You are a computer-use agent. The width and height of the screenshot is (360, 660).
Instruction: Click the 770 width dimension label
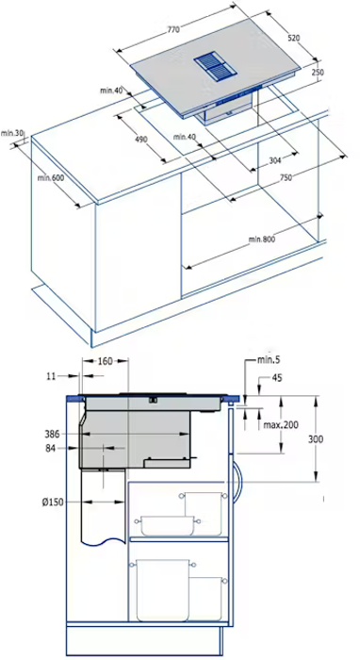pyautogui.click(x=173, y=29)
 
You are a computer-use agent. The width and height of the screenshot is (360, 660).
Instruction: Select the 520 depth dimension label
pyautogui.click(x=293, y=38)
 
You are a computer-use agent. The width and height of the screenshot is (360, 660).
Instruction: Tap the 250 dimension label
pyautogui.click(x=318, y=73)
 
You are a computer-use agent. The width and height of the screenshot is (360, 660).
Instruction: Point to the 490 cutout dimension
pyautogui.click(x=141, y=139)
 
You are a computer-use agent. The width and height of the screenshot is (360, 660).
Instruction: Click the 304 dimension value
pyautogui.click(x=274, y=160)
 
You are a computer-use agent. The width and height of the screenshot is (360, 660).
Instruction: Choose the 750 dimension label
pyautogui.click(x=286, y=178)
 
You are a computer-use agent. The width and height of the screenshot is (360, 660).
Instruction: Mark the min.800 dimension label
pyautogui.click(x=262, y=239)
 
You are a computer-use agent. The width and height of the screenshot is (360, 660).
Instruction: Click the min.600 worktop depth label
pyautogui.click(x=51, y=178)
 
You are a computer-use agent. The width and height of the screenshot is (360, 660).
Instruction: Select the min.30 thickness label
pyautogui.click(x=11, y=133)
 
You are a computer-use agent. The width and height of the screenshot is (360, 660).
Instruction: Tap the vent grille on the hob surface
pyautogui.click(x=215, y=67)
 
